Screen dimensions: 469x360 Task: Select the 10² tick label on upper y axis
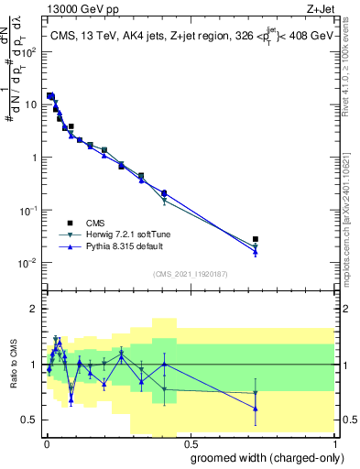tap(31, 52)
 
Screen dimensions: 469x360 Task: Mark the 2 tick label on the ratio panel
tap(34, 309)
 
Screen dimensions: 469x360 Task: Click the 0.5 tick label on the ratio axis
tap(29, 420)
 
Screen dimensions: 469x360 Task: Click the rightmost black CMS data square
tap(256, 239)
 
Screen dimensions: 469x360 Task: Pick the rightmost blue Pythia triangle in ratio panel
tap(256, 409)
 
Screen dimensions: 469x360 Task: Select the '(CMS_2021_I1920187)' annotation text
tap(190, 274)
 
